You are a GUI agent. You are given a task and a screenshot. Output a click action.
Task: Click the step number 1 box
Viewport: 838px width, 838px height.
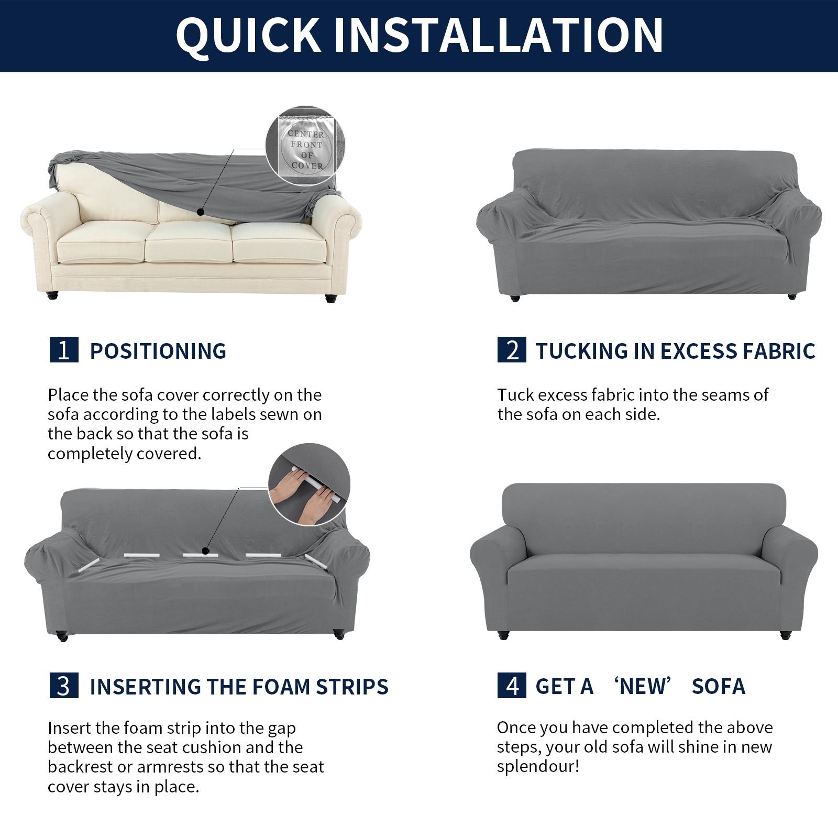(x=64, y=350)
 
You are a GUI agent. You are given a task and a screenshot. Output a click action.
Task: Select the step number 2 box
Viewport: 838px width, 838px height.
(x=512, y=350)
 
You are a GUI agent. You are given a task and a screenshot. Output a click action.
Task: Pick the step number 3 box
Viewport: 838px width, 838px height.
(x=64, y=686)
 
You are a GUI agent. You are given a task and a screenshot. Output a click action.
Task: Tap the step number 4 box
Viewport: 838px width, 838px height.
(x=512, y=686)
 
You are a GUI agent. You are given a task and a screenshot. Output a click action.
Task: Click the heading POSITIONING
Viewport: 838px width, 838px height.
(x=158, y=351)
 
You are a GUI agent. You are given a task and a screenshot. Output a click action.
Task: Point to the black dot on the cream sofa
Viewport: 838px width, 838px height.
(x=200, y=212)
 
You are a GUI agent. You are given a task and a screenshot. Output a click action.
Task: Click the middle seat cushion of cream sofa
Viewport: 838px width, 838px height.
(x=189, y=243)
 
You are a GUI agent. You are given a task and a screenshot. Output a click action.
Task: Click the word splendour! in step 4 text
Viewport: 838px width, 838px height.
(x=538, y=767)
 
